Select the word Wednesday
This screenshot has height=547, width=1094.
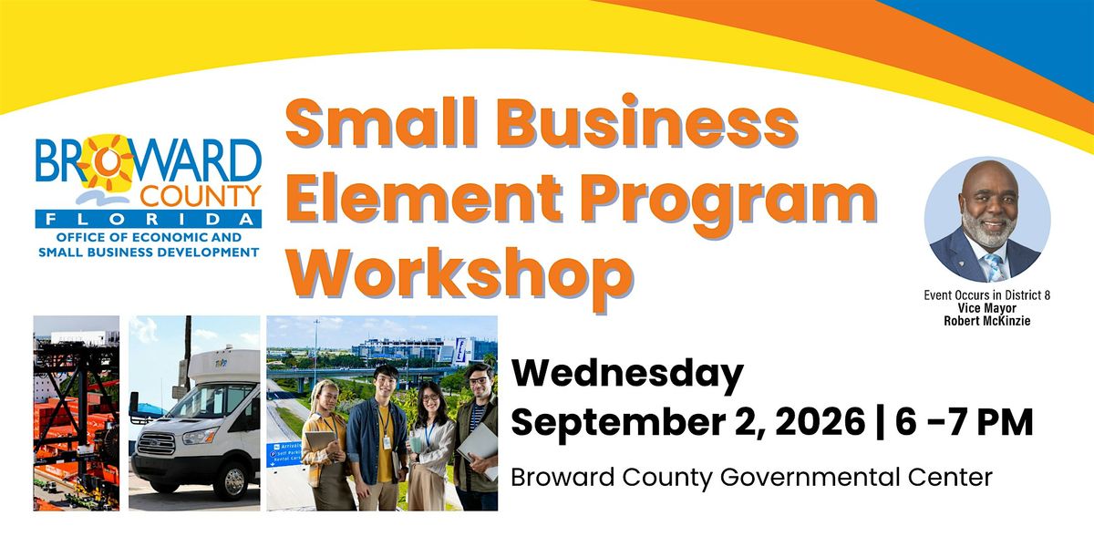click(x=627, y=375)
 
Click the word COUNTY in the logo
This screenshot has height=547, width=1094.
click(x=201, y=196)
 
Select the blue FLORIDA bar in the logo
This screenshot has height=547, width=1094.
click(x=149, y=220)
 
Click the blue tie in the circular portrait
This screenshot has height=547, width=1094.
click(x=993, y=267)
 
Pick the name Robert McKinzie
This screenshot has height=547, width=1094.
click(x=987, y=321)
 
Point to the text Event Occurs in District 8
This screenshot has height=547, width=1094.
click(x=987, y=295)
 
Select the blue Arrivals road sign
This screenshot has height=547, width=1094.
click(x=284, y=454)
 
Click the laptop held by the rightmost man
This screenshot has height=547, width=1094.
click(x=478, y=449)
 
